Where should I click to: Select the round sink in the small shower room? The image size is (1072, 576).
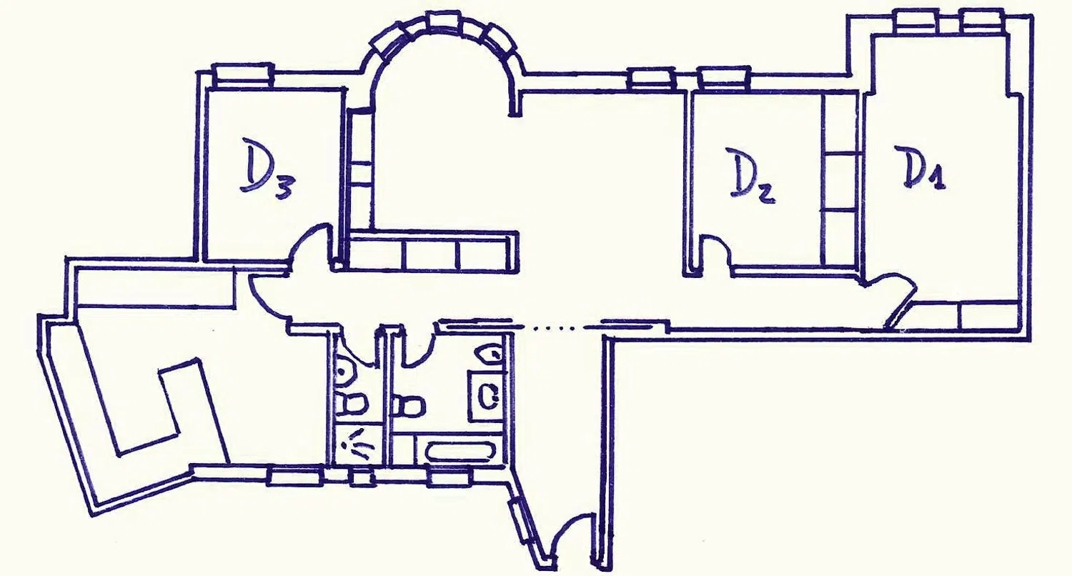point(346,371)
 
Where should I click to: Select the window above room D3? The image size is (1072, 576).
point(244,74)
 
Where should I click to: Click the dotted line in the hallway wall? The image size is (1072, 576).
point(558,328)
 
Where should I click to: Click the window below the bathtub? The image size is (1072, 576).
point(450,477)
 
